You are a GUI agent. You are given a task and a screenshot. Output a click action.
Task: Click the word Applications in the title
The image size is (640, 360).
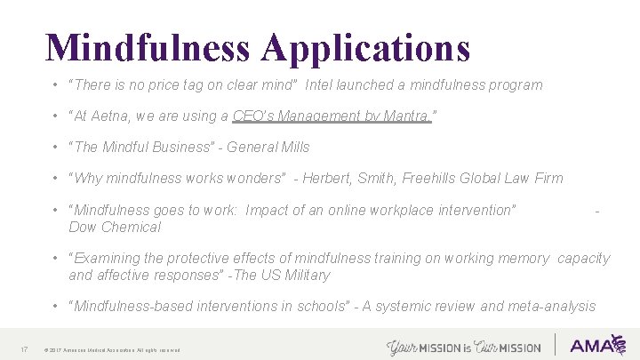click(365, 49)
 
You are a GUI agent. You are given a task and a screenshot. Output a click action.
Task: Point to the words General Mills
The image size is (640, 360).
click(268, 147)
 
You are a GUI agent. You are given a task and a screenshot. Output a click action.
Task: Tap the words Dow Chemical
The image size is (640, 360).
click(115, 227)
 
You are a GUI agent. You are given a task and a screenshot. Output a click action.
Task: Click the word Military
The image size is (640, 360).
click(302, 275)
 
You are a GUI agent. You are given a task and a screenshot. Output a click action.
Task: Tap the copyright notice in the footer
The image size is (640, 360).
click(111, 349)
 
